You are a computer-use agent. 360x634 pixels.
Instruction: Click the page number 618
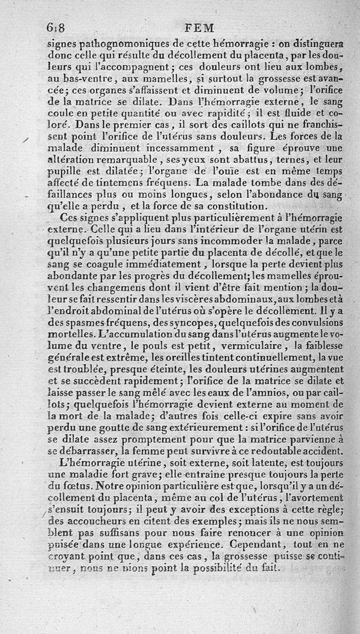(56, 28)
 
